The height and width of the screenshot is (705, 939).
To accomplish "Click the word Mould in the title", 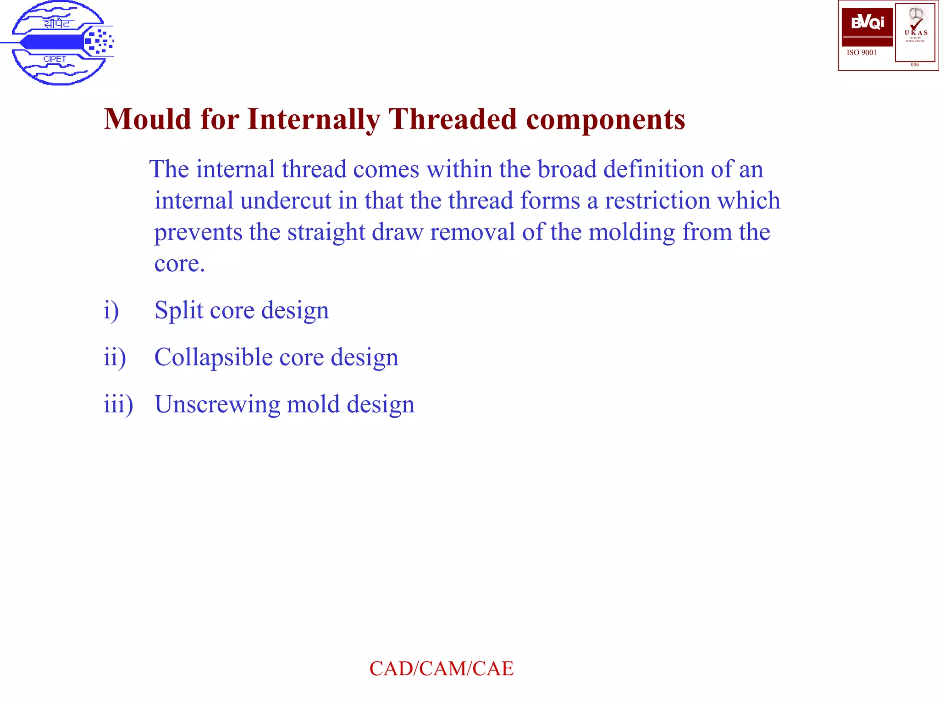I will tap(147, 119).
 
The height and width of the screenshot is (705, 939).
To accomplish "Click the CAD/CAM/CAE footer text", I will tap(441, 668).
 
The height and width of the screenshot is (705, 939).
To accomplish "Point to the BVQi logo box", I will tap(867, 23).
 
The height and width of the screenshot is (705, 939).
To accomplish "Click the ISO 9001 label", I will tap(862, 53).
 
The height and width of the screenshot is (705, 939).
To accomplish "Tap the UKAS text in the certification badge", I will tap(916, 33).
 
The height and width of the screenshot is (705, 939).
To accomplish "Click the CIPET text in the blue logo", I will tap(55, 59).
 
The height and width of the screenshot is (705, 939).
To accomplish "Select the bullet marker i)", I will tap(111, 311).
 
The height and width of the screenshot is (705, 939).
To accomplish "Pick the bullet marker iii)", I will tap(118, 404).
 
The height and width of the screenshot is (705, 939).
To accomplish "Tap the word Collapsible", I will tap(213, 358).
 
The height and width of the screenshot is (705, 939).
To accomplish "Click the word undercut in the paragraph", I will tap(285, 201).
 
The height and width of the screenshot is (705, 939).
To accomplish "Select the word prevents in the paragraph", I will tap(198, 232).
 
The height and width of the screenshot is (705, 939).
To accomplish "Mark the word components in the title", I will tap(605, 120).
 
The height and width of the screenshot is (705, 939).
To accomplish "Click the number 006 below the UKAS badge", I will tap(915, 65).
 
